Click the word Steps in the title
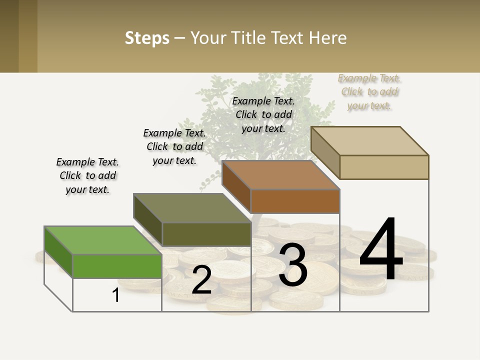click(147, 38)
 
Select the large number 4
click(381, 250)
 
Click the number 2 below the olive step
click(201, 280)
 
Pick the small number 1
click(116, 295)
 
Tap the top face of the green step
click(102, 240)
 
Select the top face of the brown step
click(280, 175)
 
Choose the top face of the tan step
click(369, 141)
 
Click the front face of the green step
click(117, 266)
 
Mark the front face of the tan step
click(384, 167)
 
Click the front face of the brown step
click(295, 201)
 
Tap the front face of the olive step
click(206, 234)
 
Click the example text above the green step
click(87, 175)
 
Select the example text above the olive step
click(174, 146)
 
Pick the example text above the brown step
click(263, 114)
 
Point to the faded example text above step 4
click(369, 91)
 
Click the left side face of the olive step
click(148, 220)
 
